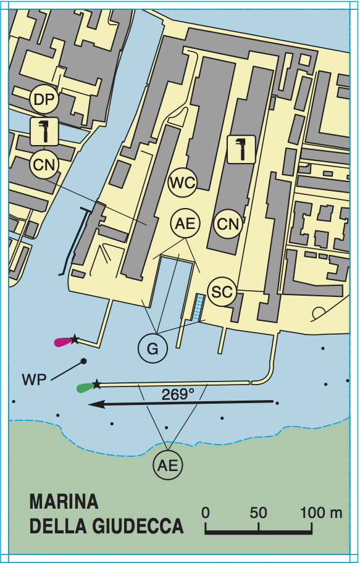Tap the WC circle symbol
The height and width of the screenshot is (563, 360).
[183, 183]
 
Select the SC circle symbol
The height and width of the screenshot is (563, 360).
[222, 291]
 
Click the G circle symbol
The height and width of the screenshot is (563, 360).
[153, 349]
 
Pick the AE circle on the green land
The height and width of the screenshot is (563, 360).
[168, 465]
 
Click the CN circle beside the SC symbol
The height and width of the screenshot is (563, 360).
[228, 224]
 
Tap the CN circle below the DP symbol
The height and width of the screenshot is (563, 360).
[44, 164]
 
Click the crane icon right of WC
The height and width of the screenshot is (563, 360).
[241, 149]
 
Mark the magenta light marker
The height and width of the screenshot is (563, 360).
[62, 341]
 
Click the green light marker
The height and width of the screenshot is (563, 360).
[84, 388]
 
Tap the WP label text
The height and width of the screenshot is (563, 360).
[34, 379]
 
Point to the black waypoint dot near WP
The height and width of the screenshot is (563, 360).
[83, 361]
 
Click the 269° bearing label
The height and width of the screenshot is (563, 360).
[178, 394]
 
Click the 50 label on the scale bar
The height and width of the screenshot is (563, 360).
[258, 513]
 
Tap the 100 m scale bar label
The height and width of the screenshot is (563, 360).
[321, 513]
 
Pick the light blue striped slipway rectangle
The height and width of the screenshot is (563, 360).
[198, 307]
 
